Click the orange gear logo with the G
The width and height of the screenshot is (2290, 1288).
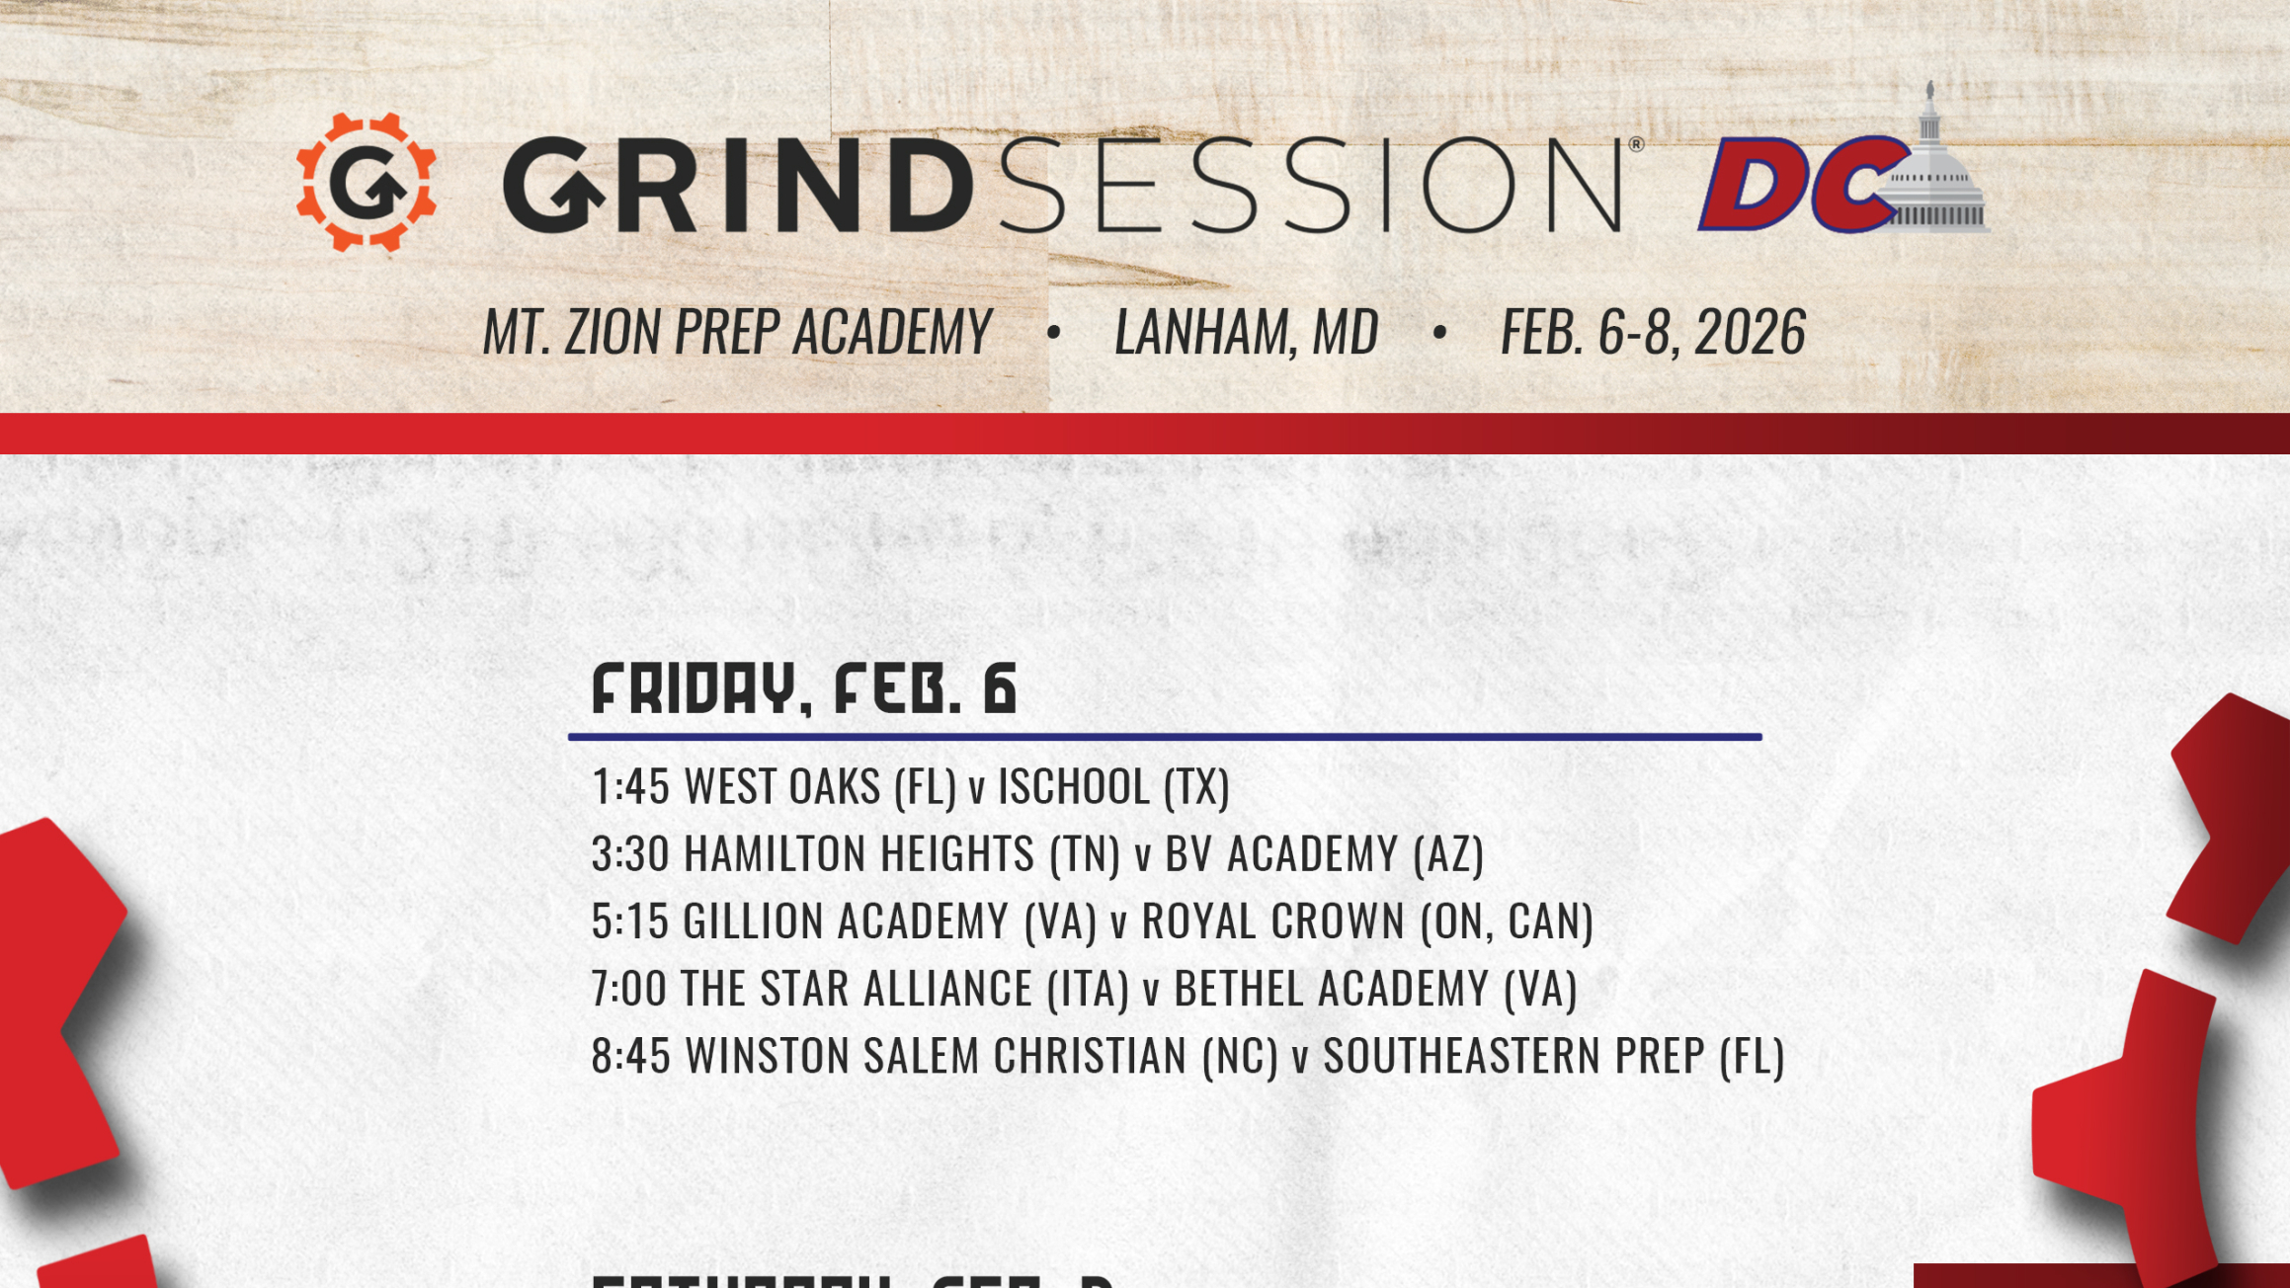tap(367, 183)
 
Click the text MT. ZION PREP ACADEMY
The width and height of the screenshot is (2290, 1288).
tap(737, 332)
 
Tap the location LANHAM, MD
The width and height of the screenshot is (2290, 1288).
tap(1246, 332)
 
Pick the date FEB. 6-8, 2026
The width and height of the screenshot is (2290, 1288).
tap(1653, 332)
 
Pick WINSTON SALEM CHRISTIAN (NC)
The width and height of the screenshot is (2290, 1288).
tap(982, 1056)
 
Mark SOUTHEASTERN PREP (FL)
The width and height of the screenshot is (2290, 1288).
tap(1553, 1056)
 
